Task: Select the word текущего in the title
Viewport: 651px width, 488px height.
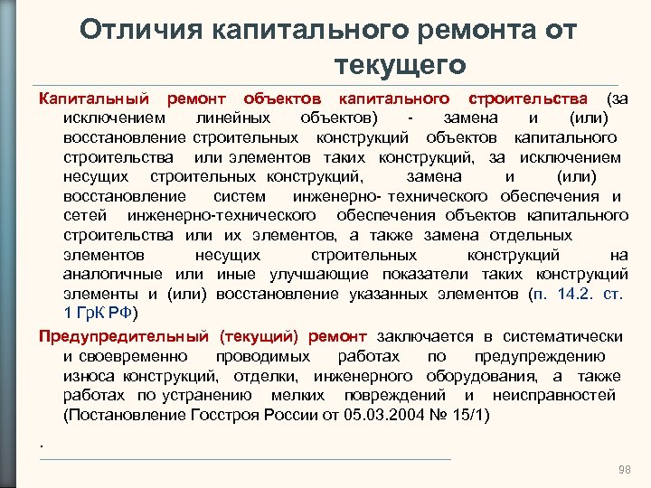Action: [x=400, y=65]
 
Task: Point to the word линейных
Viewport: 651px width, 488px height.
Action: [x=235, y=117]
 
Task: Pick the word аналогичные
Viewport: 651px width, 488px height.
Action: [x=116, y=274]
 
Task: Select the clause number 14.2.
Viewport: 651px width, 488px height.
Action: [x=568, y=294]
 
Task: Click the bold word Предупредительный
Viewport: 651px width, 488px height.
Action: [x=122, y=336]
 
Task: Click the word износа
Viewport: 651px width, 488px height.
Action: [x=86, y=375]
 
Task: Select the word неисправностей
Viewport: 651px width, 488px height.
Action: [x=553, y=395]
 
